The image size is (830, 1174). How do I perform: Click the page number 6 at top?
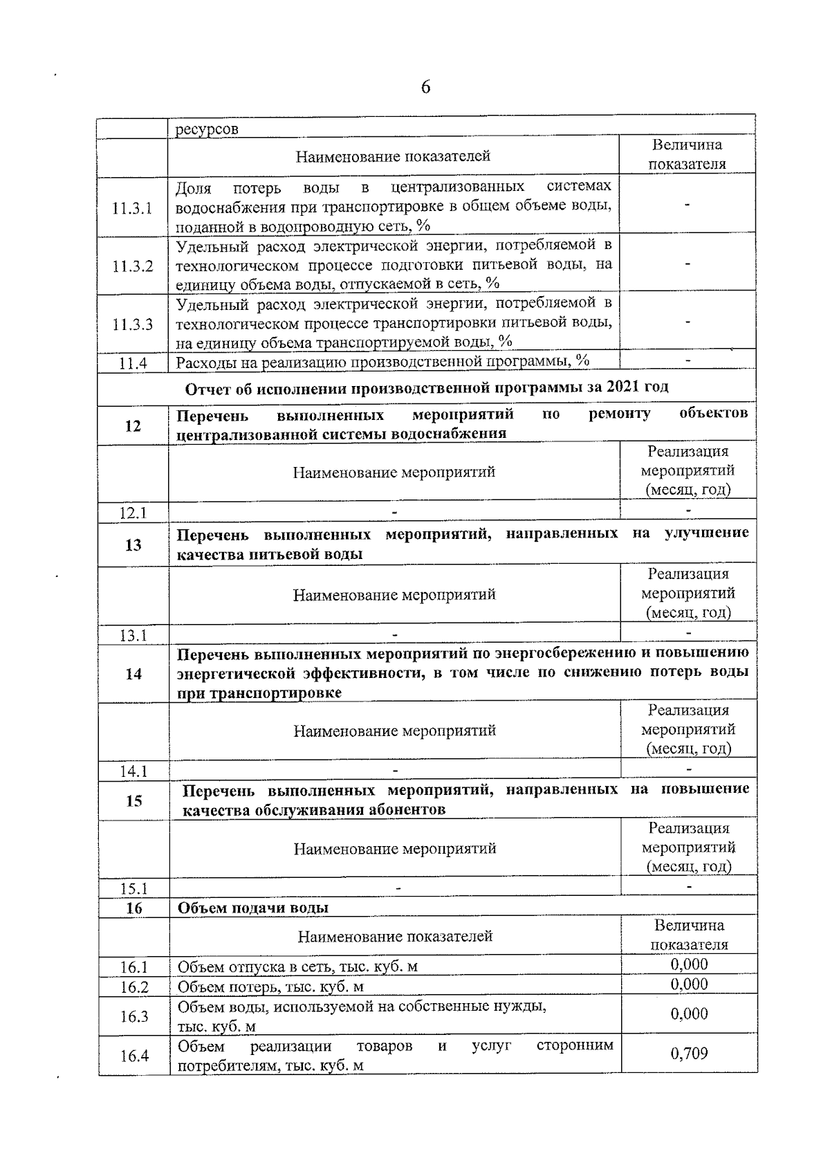point(425,87)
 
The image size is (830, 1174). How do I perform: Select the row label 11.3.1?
point(132,208)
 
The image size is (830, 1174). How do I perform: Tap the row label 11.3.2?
point(132,266)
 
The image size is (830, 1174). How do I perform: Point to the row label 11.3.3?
point(132,324)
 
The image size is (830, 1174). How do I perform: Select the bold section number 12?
point(133,425)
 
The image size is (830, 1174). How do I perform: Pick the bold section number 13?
point(133,545)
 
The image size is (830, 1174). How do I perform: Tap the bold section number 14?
point(133,674)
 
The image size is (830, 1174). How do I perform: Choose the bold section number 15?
point(133,800)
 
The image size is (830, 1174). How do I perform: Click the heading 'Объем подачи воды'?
point(253,908)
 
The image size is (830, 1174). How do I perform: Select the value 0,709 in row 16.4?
point(689,1054)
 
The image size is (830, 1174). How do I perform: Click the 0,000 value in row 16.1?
point(689,964)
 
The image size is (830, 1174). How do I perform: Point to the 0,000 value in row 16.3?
point(689,1014)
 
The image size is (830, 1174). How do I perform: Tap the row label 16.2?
point(134,987)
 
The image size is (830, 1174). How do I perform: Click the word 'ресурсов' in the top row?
point(206,129)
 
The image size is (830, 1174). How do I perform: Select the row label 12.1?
point(133,513)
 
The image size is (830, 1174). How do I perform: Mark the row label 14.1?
point(133,771)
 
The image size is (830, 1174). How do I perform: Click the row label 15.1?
point(133,888)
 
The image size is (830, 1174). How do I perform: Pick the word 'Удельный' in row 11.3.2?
point(208,246)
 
